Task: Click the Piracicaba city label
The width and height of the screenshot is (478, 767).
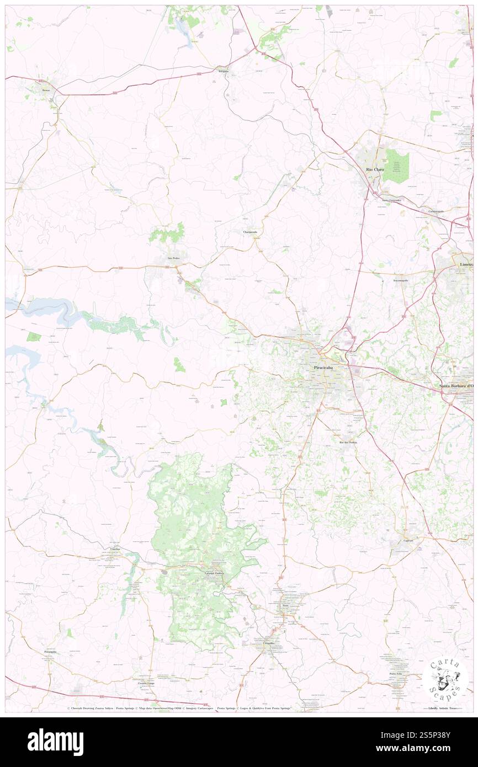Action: (x=322, y=367)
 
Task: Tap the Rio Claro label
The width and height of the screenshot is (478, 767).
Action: (x=375, y=169)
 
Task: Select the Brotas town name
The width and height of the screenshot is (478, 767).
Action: (x=46, y=89)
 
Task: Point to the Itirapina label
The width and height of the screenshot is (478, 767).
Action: (x=223, y=72)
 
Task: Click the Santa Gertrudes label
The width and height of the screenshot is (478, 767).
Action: (x=391, y=199)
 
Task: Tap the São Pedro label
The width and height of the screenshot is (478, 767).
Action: (x=174, y=258)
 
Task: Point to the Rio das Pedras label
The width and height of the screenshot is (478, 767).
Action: (x=348, y=443)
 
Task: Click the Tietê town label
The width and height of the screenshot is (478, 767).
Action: (x=285, y=606)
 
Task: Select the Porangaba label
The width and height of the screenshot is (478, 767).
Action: (x=50, y=652)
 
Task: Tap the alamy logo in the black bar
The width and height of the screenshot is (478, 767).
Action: (x=55, y=742)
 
